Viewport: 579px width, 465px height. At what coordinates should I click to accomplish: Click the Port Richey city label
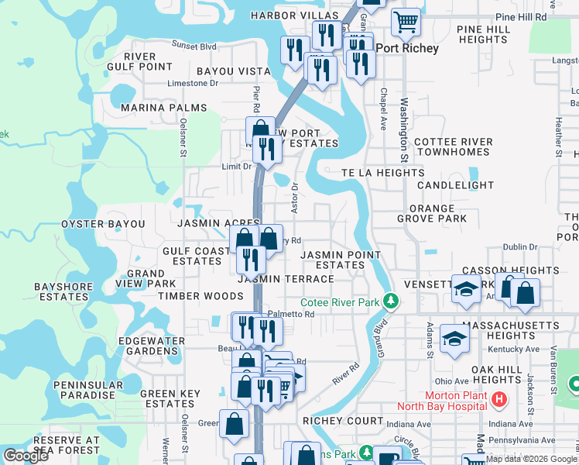tap(407, 48)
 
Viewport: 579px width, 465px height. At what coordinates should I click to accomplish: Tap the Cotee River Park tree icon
tap(392, 301)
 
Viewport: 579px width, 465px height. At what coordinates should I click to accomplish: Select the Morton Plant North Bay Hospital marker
tap(499, 400)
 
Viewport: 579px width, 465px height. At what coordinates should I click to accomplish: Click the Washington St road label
tap(404, 124)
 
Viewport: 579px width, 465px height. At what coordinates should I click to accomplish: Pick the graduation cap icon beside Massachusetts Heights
tap(454, 337)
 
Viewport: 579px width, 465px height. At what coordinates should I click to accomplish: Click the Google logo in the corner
tap(26, 456)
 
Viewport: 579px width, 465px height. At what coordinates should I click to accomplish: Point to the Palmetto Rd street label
tap(296, 315)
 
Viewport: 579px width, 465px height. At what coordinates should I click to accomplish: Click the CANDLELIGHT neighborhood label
tap(455, 186)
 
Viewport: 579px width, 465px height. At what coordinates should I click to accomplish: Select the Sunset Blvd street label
tap(194, 45)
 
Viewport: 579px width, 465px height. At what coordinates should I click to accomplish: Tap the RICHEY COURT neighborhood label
tap(343, 420)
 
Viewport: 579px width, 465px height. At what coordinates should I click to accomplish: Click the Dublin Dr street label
tap(519, 246)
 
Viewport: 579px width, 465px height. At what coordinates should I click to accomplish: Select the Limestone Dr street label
tap(194, 83)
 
